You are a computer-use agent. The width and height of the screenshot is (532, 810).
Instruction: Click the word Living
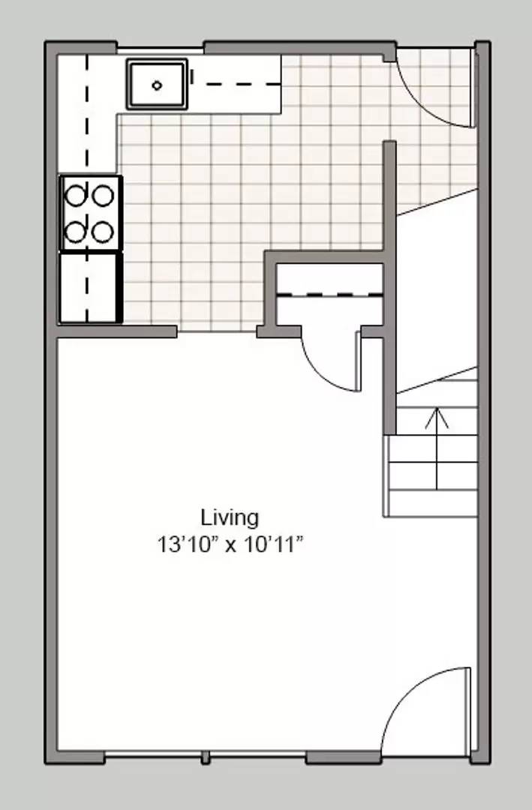230,517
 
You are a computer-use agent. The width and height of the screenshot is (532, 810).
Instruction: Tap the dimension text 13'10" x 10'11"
230,544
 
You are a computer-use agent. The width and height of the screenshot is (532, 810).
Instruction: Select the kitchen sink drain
157,85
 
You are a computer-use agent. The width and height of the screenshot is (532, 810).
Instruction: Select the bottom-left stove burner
76,231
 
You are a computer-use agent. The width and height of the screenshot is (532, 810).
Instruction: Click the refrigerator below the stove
90,288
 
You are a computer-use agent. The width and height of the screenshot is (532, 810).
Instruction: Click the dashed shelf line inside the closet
329,295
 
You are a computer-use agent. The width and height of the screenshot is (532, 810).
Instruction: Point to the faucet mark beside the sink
192,76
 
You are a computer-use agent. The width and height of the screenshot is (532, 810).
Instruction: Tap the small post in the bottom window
205,757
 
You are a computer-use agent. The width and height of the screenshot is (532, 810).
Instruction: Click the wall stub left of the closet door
266,331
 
